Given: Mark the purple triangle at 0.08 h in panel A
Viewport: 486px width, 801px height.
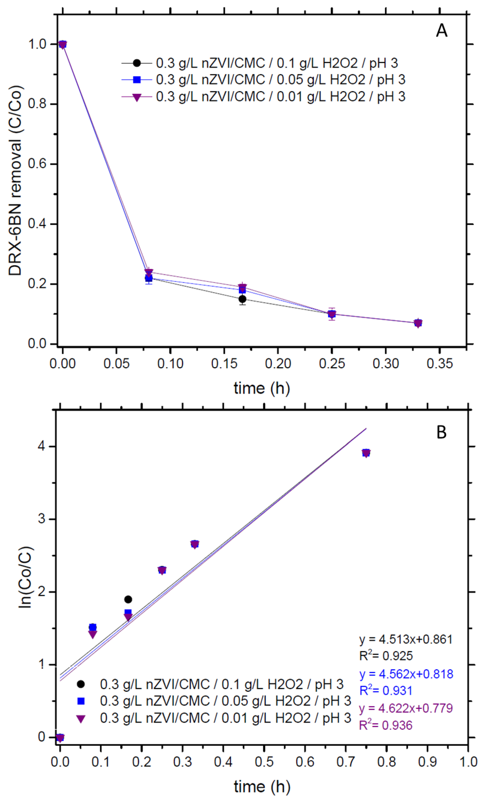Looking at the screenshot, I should coord(149,272).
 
